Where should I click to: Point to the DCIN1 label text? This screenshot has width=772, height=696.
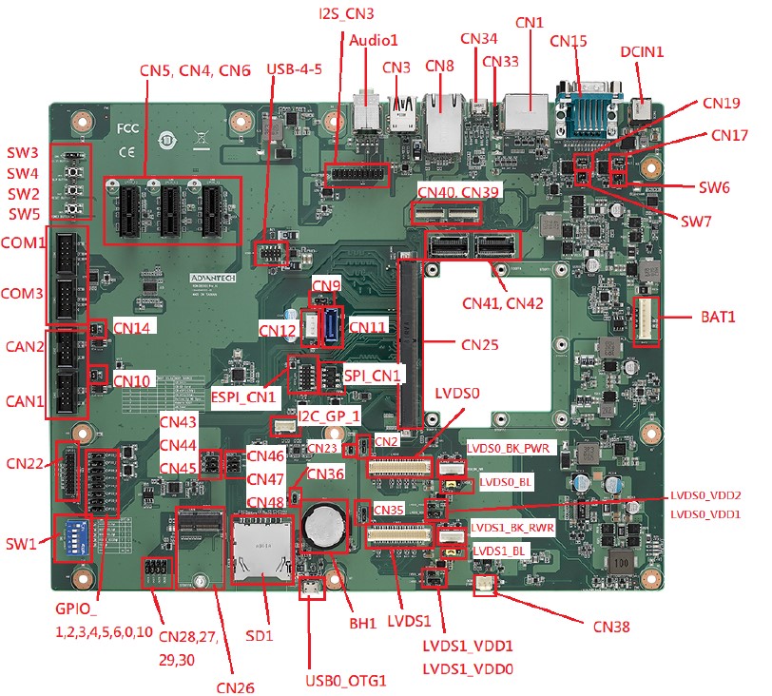click(643, 51)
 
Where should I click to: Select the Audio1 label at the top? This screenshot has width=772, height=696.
click(373, 41)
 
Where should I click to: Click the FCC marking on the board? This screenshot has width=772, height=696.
click(127, 126)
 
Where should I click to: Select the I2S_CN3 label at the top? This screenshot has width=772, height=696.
click(346, 14)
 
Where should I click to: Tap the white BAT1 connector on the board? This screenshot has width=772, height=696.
click(646, 321)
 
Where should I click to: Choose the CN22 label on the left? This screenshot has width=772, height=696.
click(28, 463)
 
